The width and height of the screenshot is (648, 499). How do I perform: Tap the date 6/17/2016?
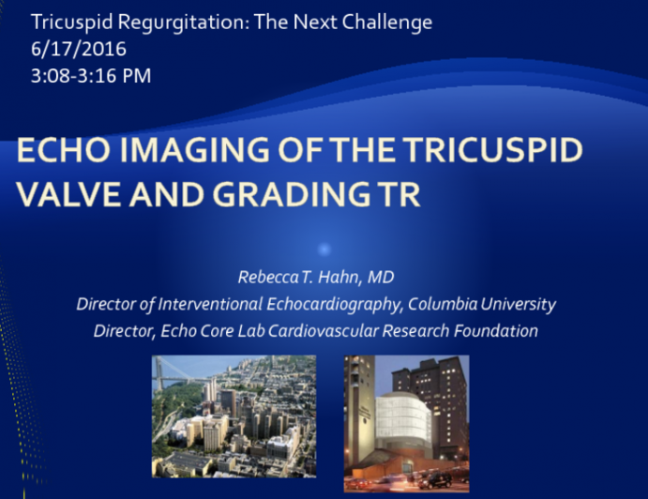coord(78,49)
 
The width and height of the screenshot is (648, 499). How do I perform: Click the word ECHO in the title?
coord(58,151)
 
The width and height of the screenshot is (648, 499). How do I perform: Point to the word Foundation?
coord(503,331)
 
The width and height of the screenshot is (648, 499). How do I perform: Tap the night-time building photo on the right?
coord(406,422)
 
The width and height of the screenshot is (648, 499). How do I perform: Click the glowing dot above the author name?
coord(324,249)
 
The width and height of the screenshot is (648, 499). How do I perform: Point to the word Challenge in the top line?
coord(393,21)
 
